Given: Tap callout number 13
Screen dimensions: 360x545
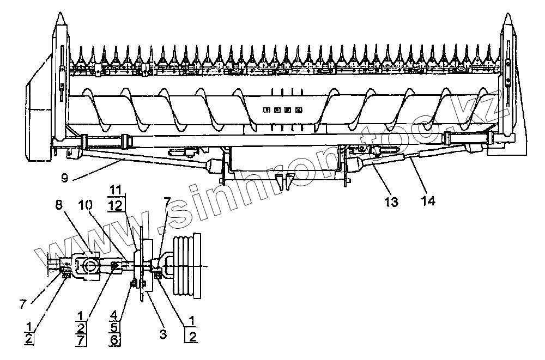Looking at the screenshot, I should [391, 202].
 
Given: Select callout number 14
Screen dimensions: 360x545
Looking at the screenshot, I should [428, 202].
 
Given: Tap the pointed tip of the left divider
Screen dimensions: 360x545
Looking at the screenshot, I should [62, 15].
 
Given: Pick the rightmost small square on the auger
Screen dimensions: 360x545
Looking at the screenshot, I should [298, 110].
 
